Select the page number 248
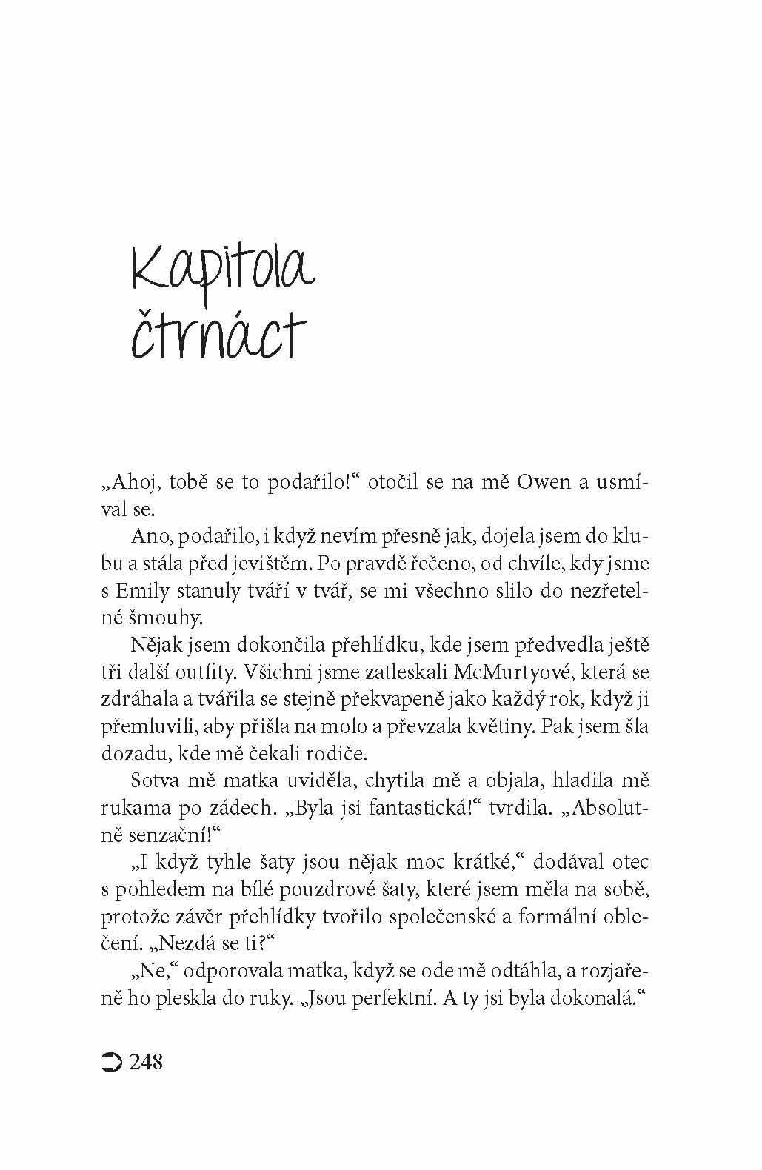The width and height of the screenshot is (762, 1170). pyautogui.click(x=146, y=1062)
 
